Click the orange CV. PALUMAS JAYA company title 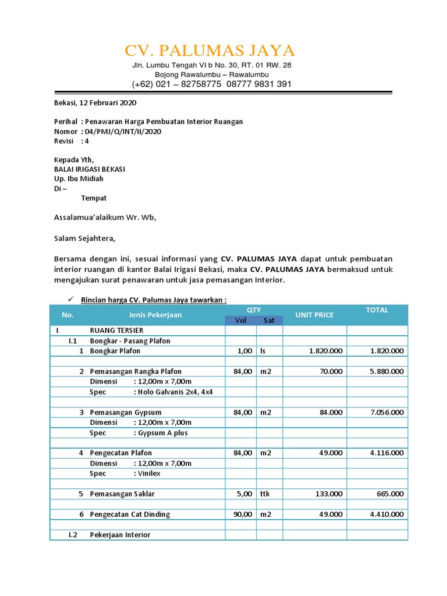click(210, 50)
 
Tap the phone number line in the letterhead click(212, 84)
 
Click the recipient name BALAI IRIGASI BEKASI click(90, 169)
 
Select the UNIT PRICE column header click(314, 315)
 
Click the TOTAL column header click(377, 310)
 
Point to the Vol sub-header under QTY click(240, 320)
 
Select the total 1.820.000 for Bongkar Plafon click(386, 351)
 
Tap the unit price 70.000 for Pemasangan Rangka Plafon click(330, 371)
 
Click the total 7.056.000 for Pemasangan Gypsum click(386, 412)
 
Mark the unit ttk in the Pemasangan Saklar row click(265, 494)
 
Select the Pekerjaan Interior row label click(120, 535)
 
